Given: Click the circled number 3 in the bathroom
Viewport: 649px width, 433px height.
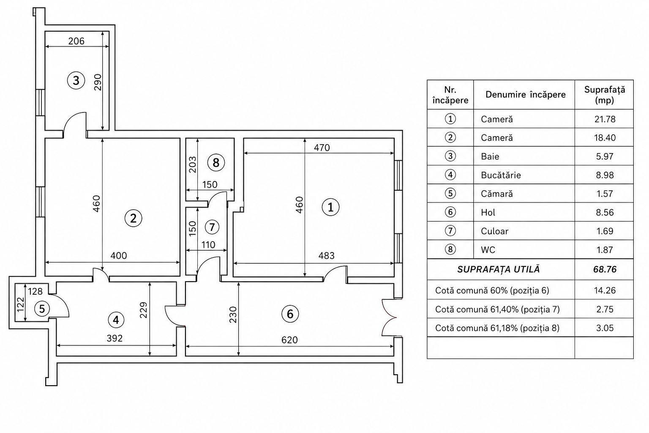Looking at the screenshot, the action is click(76, 80).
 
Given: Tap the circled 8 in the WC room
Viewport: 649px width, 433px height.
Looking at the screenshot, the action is click(216, 163).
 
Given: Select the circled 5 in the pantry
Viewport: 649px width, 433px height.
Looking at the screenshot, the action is click(42, 309).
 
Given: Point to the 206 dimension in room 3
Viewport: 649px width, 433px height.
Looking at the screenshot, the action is click(76, 41).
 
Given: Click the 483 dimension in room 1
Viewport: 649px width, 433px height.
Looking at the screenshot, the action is click(327, 255).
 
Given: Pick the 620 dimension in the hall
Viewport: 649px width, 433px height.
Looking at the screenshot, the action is click(289, 340).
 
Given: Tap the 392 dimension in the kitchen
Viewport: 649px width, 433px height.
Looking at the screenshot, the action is click(115, 338).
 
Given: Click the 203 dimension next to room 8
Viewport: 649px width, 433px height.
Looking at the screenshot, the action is click(192, 164).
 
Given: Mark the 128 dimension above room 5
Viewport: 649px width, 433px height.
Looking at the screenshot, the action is click(35, 291).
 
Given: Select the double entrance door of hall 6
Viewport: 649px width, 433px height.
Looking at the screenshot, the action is click(389, 318).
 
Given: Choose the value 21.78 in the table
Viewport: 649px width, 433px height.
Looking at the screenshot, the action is click(605, 119).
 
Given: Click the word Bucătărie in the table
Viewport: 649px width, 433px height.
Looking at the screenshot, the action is click(501, 175).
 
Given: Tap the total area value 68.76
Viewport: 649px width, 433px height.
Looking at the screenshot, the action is click(605, 269).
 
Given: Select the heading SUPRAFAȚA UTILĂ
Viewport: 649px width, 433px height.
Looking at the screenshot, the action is click(499, 269).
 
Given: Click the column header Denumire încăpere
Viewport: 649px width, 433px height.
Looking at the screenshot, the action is click(526, 95).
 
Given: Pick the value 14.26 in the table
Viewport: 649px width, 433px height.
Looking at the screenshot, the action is click(605, 290).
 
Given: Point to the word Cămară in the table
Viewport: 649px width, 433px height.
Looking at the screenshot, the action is click(497, 193).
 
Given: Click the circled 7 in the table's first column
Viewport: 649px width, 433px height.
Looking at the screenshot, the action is click(450, 231).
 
